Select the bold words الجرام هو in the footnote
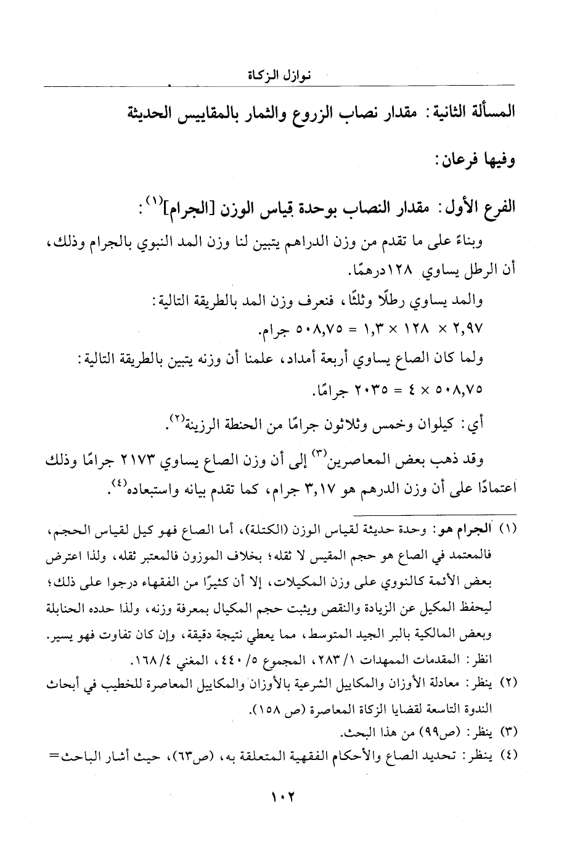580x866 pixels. [x=473, y=528]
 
